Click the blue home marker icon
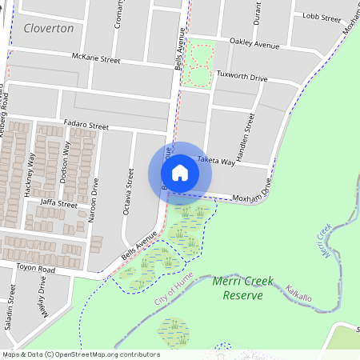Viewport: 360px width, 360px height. tap(180, 172)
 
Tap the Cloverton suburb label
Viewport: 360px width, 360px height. tap(49, 28)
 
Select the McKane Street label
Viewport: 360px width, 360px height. tap(95, 59)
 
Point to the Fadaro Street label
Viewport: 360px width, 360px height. tap(86, 126)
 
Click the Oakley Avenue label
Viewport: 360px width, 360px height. tap(254, 43)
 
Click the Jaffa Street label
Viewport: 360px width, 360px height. tap(58, 205)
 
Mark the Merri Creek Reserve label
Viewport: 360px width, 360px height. tap(238, 288)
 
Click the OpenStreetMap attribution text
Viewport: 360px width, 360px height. tap(81, 354)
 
